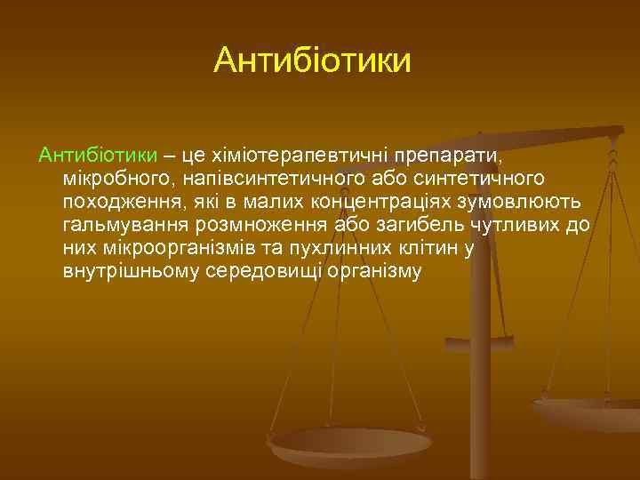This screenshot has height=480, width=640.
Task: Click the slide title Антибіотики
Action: click(313, 61)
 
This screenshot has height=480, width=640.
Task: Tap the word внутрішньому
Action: click(132, 271)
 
